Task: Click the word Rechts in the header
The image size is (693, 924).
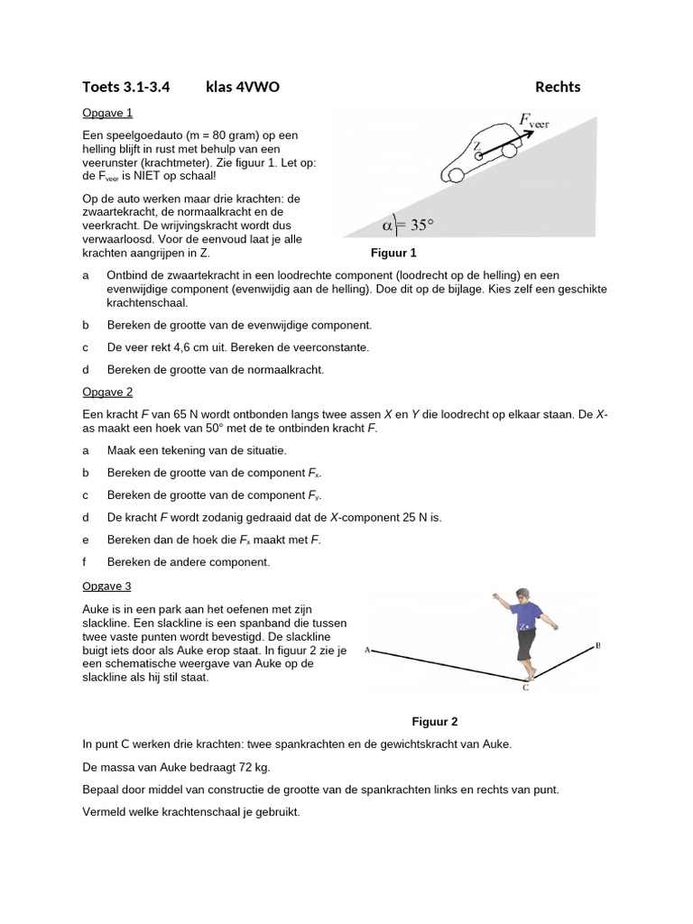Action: (x=558, y=88)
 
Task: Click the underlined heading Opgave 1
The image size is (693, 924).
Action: (x=107, y=113)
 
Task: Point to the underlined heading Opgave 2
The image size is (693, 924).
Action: (x=107, y=392)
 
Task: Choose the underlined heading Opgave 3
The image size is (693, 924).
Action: (x=107, y=586)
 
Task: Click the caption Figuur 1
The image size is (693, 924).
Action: (x=393, y=254)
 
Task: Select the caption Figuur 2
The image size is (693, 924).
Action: (x=435, y=722)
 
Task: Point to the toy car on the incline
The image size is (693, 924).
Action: (x=482, y=152)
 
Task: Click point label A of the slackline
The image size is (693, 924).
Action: (x=367, y=649)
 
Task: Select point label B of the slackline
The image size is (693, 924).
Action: (x=597, y=645)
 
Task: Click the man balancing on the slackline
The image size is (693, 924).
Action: (x=524, y=629)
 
